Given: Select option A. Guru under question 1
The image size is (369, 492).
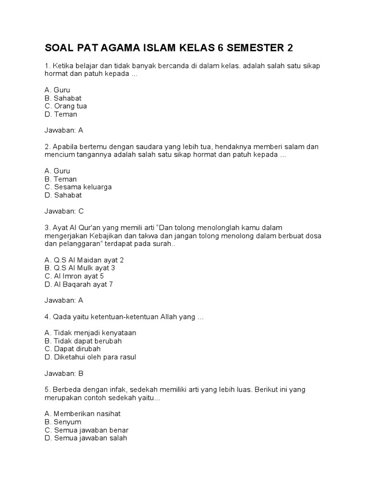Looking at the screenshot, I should point(57,90).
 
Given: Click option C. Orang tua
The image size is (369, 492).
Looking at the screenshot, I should point(65,106).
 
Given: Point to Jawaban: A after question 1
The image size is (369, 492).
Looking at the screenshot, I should point(64,130).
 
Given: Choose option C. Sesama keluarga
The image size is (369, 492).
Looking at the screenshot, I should point(78,187).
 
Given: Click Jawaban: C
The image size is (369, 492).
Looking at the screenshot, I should point(64,211).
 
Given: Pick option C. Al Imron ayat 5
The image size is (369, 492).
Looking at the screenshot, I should point(74,276).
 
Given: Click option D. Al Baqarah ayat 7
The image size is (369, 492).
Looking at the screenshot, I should point(79,284).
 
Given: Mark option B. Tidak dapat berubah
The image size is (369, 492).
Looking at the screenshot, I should point(83,341).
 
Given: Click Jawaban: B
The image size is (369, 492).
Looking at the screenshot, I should point(64,373).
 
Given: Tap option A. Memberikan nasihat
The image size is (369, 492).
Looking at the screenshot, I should point(82,414).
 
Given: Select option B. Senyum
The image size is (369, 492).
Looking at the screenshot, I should point(62,422).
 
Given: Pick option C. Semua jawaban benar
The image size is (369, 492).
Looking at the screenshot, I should point(86,430).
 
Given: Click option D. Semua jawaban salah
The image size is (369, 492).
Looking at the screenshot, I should point(86,438).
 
